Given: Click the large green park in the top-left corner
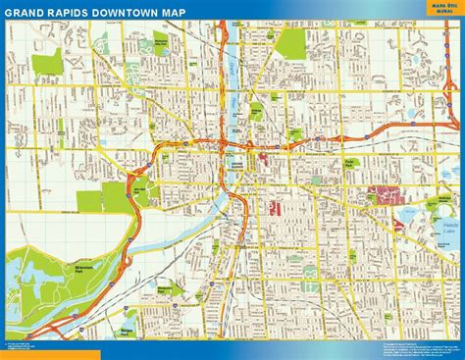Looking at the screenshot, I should pyautogui.click(x=46, y=66).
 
